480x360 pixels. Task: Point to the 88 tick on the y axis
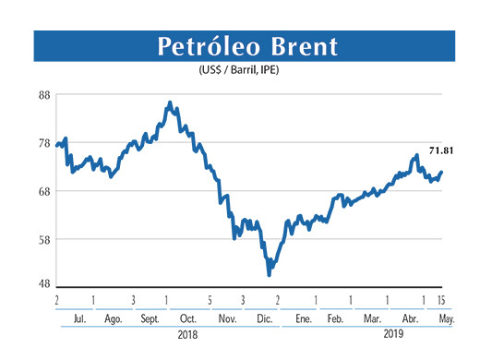tap(43, 94)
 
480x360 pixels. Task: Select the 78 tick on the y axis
tap(43, 143)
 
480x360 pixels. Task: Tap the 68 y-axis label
tap(43, 191)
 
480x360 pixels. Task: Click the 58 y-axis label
tap(43, 239)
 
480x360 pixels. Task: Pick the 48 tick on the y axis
tap(43, 283)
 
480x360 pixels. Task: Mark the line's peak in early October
tap(170, 102)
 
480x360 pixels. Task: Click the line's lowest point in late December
tap(269, 274)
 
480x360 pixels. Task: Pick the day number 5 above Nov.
tap(210, 300)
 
